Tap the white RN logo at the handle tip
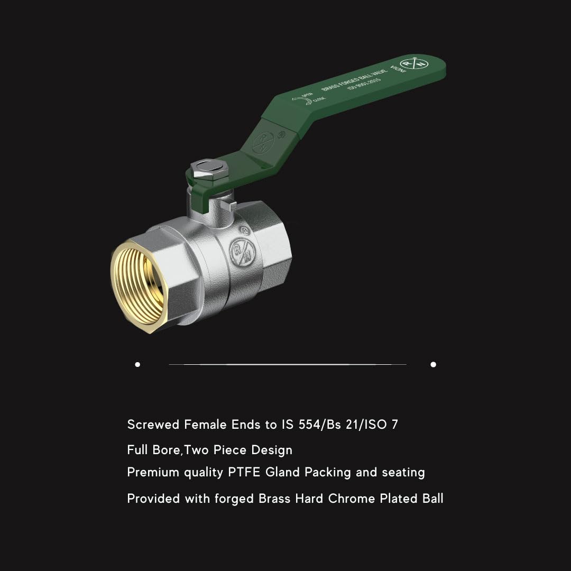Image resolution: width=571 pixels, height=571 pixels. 415,64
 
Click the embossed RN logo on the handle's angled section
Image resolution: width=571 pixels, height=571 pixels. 263,142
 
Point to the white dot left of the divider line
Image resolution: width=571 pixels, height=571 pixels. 137,364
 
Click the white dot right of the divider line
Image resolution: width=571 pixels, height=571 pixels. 433,364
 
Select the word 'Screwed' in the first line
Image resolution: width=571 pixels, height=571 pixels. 153,425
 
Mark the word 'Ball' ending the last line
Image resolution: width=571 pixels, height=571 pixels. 432,499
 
